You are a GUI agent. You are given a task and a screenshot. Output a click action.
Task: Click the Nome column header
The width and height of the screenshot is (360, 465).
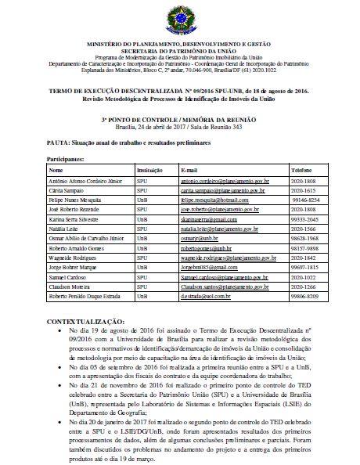click(56, 168)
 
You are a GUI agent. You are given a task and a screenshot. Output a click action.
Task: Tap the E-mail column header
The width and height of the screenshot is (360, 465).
click(189, 168)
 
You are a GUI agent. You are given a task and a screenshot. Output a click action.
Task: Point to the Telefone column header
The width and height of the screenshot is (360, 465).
click(301, 168)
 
